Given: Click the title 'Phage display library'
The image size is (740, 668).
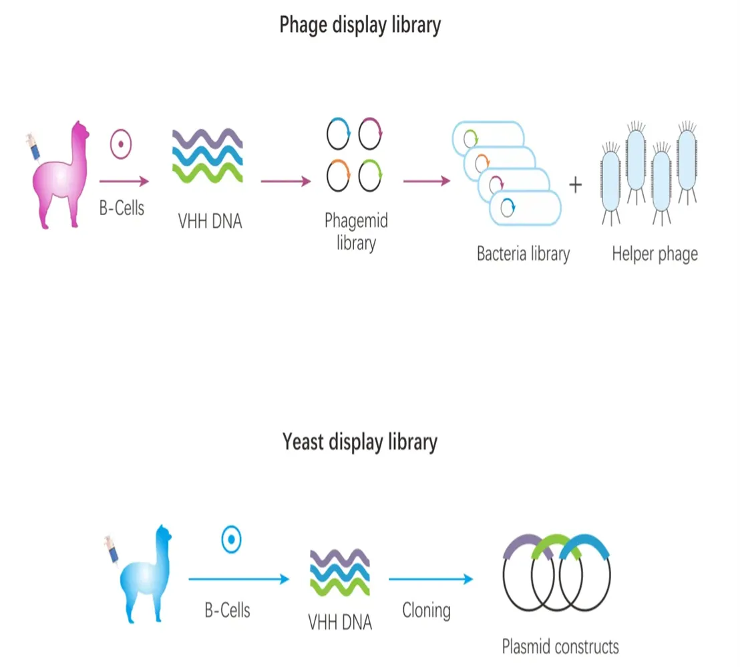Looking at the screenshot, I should [x=360, y=25].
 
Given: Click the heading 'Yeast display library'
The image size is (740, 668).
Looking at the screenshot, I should [x=360, y=442].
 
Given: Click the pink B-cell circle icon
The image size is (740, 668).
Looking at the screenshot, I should [x=121, y=144].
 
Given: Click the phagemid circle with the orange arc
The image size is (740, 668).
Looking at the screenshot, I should [x=339, y=177].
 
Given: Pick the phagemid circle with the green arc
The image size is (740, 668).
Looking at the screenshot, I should [x=370, y=177].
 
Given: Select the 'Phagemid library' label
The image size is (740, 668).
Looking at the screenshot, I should [x=355, y=231].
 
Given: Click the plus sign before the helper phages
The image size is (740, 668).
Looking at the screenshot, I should [x=575, y=185].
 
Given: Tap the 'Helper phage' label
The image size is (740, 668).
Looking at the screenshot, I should [x=655, y=254].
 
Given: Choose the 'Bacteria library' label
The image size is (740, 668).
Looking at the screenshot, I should [x=523, y=254].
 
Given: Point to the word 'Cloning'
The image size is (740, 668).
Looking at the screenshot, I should [x=426, y=610].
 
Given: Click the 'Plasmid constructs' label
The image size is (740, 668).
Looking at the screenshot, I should [x=560, y=646].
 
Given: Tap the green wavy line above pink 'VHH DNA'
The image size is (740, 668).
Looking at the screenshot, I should [x=207, y=172].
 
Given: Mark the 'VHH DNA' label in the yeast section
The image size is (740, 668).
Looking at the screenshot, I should [x=340, y=623].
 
